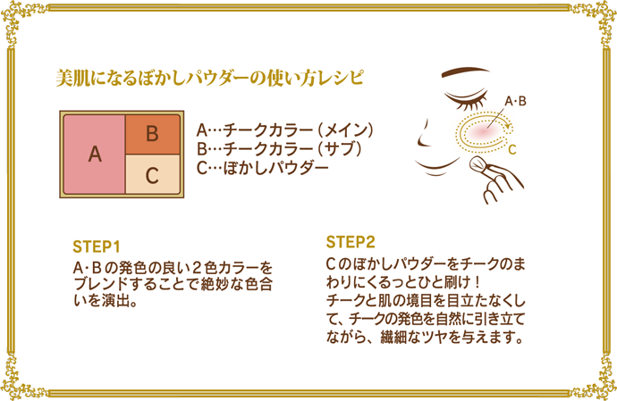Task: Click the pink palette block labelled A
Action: tap(93, 153)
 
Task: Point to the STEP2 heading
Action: tap(351, 242)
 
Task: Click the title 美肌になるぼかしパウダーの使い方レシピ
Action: tap(209, 78)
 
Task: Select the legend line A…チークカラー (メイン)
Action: tap(283, 129)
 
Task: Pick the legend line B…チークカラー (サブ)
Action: tap(278, 148)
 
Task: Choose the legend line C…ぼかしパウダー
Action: tap(261, 167)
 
